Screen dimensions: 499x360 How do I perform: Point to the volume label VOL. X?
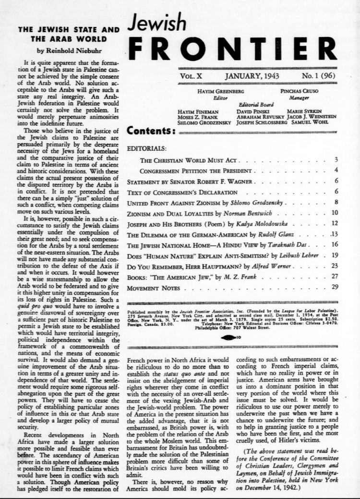tap(192, 76)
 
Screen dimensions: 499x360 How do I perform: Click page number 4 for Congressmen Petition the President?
tap(336, 170)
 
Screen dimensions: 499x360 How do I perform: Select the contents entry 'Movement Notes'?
tap(153, 288)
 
